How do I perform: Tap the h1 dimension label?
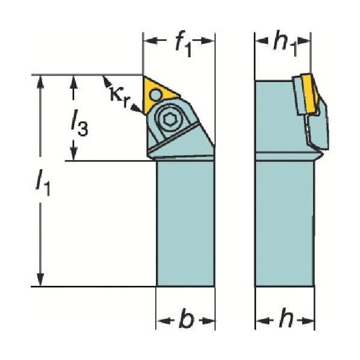[x=285, y=43]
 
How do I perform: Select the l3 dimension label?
[x=79, y=126]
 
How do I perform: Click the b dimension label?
[x=187, y=318]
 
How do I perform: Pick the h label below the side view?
[x=287, y=317]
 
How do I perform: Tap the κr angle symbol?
[x=120, y=96]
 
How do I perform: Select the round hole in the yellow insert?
[x=156, y=94]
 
